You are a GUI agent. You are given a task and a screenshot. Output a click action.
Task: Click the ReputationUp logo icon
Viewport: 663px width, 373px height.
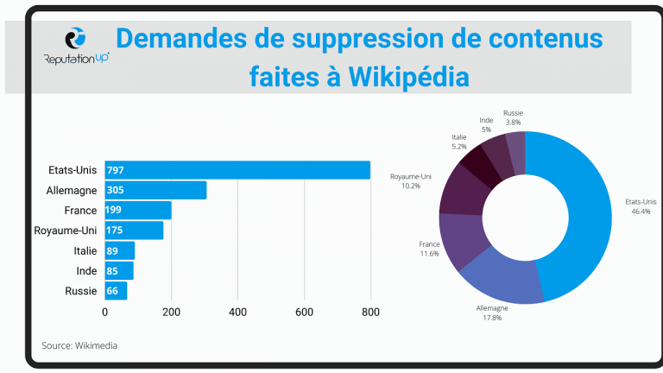coord(76,40)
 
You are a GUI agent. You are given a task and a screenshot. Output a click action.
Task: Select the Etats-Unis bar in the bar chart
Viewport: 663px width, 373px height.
coord(237,170)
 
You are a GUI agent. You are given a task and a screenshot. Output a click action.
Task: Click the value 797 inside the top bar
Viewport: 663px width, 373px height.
coord(116,170)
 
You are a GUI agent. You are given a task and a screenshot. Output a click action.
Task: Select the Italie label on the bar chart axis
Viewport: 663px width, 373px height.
coord(85,250)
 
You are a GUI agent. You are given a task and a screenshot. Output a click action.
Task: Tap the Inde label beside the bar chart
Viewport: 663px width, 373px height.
coord(85,271)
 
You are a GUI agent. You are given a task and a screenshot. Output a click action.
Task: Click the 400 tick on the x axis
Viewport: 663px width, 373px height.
coord(238,312)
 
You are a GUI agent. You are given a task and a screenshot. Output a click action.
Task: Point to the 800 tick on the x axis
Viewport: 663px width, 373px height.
coord(370,312)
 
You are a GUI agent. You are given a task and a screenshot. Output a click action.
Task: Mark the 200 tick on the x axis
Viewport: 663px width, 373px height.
coord(172,312)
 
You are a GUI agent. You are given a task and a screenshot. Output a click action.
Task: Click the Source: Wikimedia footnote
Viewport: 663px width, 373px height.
coord(79,345)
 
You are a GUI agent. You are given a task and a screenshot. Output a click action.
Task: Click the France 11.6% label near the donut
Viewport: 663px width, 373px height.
coord(430,249)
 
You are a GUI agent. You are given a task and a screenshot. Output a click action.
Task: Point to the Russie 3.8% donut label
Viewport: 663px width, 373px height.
coord(513,117)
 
